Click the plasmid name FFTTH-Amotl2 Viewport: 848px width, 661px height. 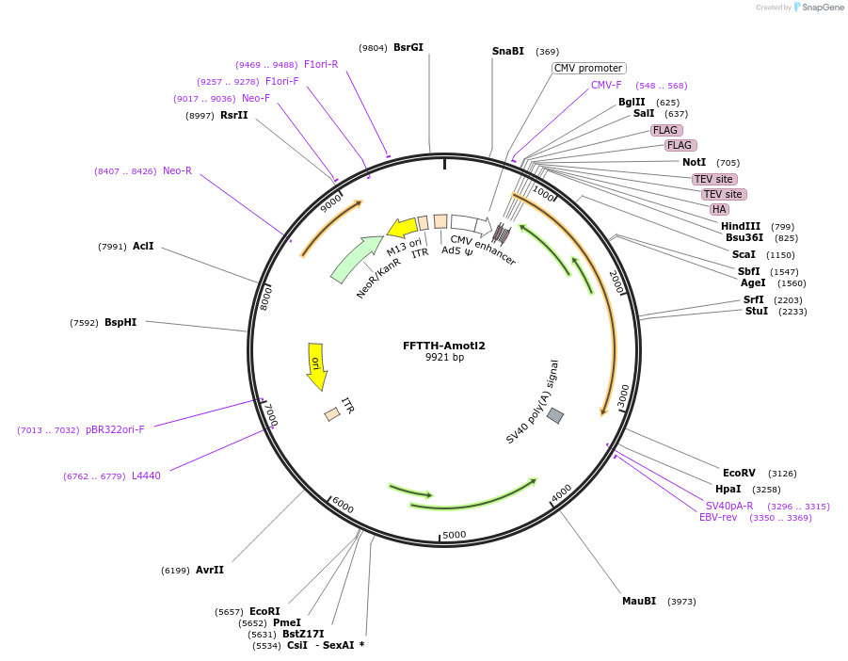[x=444, y=346]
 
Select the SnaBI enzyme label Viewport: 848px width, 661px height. [x=508, y=51]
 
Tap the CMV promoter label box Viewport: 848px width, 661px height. [x=588, y=68]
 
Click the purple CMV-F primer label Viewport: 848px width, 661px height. [x=606, y=85]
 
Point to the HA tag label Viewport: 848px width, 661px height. [x=719, y=209]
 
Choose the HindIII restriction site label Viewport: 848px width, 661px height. [x=741, y=226]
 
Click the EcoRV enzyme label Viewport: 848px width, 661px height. [x=739, y=473]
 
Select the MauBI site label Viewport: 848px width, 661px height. [x=639, y=601]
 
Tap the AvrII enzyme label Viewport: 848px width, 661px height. [x=210, y=570]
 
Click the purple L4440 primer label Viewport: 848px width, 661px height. [x=146, y=476]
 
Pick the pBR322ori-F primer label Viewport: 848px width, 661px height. [x=115, y=429]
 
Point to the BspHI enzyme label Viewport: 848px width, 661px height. [x=120, y=322]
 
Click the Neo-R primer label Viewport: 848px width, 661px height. [x=177, y=170]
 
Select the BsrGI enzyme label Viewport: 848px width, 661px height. [x=408, y=47]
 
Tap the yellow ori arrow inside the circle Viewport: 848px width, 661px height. [x=316, y=365]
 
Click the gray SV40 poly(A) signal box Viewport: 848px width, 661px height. [x=555, y=415]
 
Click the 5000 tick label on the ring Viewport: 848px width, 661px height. [x=455, y=535]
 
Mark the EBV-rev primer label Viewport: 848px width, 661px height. [x=718, y=517]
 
